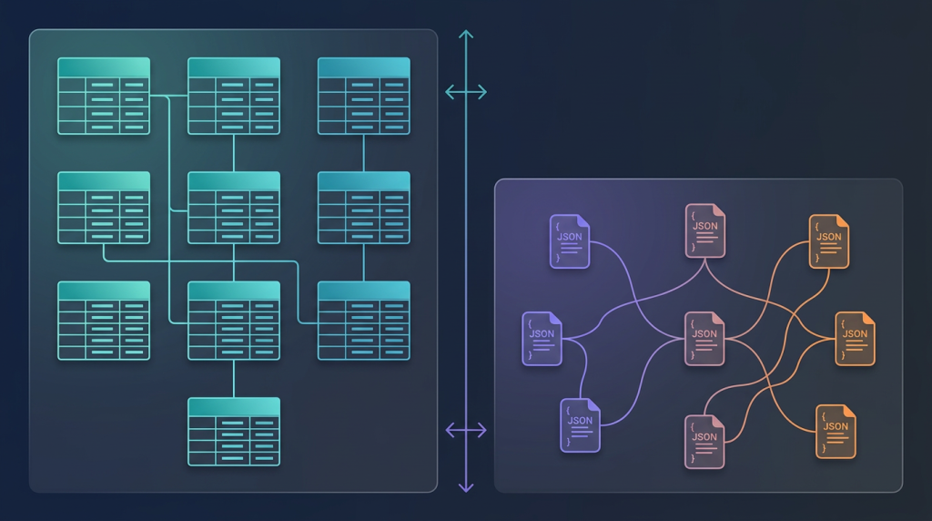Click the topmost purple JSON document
coord(570,241)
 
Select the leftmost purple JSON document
coord(542,338)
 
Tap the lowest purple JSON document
coord(580,425)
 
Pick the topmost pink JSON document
coord(704,230)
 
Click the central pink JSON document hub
coord(704,339)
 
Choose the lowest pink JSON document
coord(704,442)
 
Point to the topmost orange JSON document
coord(829,241)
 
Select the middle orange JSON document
coord(855,338)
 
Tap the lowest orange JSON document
coord(836,431)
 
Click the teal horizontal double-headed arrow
coord(466,91)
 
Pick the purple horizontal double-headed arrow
coord(466,430)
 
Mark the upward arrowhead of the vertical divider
coord(466,36)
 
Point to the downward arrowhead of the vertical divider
coord(466,487)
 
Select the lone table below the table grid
coord(234,432)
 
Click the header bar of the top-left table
coord(104,67)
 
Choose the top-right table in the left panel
coord(363,96)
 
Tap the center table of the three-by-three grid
coord(234,208)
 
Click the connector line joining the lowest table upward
coord(234,379)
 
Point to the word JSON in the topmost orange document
coord(829,237)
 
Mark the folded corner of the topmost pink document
coord(719,209)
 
